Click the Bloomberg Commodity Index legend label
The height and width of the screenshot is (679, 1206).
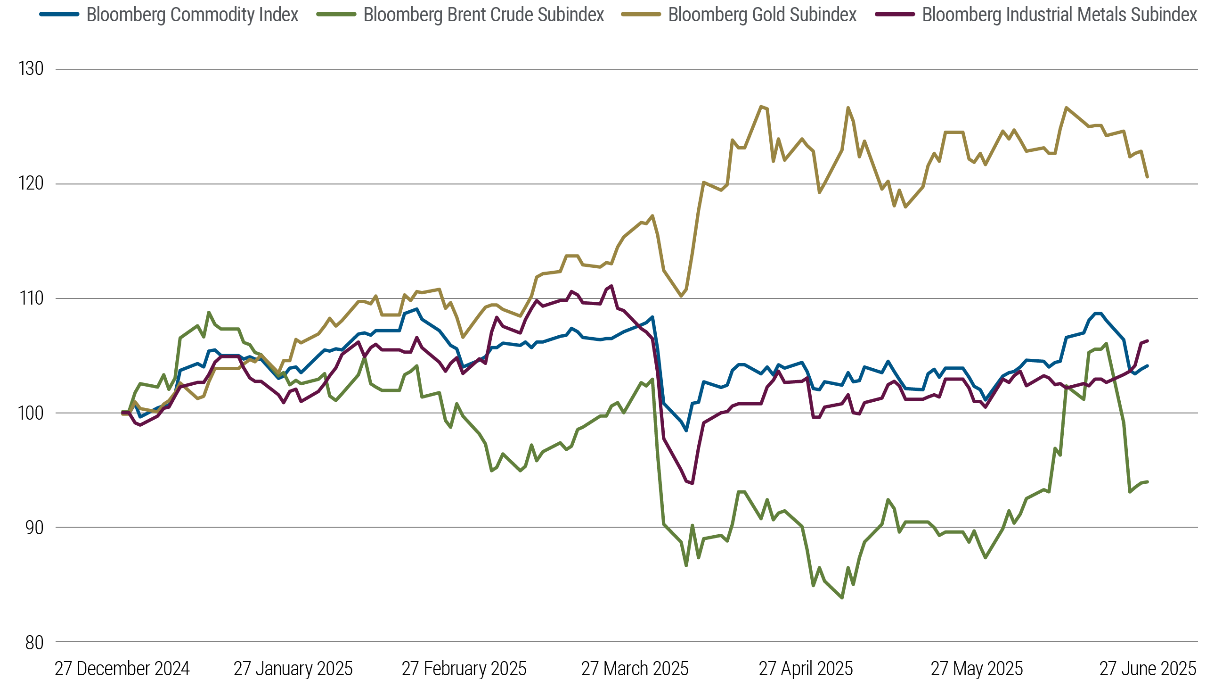(x=192, y=15)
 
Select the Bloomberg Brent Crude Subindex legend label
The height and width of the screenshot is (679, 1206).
(x=484, y=15)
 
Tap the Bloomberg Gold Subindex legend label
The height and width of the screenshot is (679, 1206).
(x=762, y=15)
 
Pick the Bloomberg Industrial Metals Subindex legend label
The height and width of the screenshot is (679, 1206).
(x=1059, y=15)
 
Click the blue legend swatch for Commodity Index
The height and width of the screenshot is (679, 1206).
(x=59, y=15)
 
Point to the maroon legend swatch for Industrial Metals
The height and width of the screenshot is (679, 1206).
(x=895, y=15)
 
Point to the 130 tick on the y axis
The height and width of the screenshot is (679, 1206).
(x=31, y=69)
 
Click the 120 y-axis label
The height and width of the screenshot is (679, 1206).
(x=31, y=184)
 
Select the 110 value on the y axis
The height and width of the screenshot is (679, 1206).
(x=31, y=298)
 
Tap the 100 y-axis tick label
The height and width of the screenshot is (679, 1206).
(x=31, y=413)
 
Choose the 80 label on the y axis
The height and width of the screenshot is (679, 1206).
(x=34, y=642)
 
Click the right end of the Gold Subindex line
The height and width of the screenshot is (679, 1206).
(x=1147, y=177)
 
